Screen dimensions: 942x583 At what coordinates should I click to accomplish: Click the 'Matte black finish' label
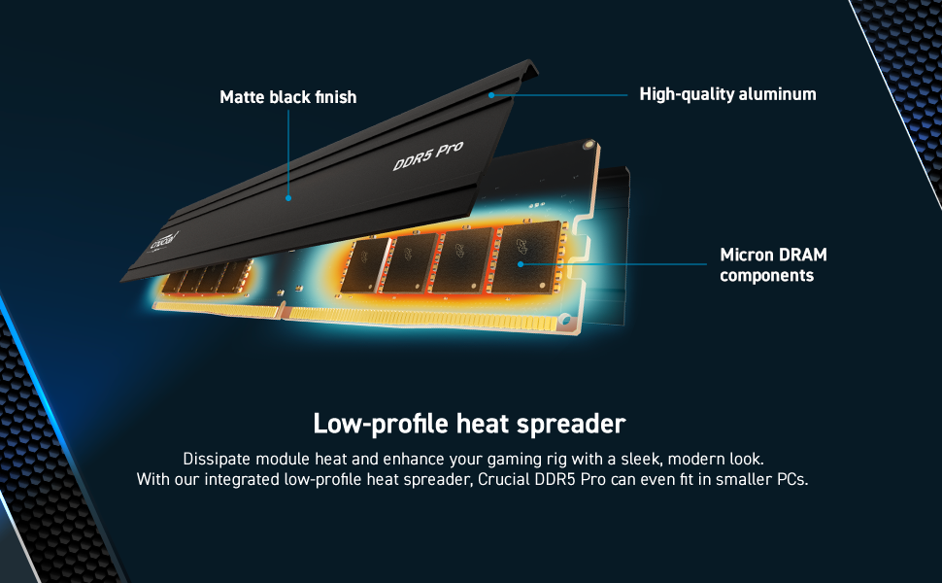(287, 97)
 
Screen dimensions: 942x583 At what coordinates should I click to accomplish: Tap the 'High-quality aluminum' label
(727, 94)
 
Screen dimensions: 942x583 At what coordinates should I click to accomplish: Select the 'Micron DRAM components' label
(773, 265)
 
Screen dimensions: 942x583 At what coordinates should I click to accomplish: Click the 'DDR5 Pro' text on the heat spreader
(427, 156)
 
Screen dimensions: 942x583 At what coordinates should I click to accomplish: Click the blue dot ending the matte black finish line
(287, 197)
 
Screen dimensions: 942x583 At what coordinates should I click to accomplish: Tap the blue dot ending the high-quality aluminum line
(492, 95)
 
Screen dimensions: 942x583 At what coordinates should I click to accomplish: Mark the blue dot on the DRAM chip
(521, 263)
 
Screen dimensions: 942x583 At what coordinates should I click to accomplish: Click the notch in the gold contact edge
(282, 311)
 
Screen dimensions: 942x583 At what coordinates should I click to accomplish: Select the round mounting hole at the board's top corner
(587, 145)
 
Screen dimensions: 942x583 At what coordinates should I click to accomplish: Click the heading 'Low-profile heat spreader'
(469, 425)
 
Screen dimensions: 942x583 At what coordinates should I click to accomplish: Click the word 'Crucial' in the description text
(506, 480)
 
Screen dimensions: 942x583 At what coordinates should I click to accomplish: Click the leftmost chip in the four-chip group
(362, 262)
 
